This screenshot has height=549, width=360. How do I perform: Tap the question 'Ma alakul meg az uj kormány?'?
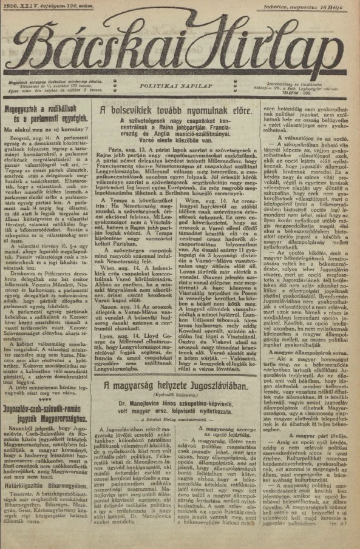click(x=40, y=130)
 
